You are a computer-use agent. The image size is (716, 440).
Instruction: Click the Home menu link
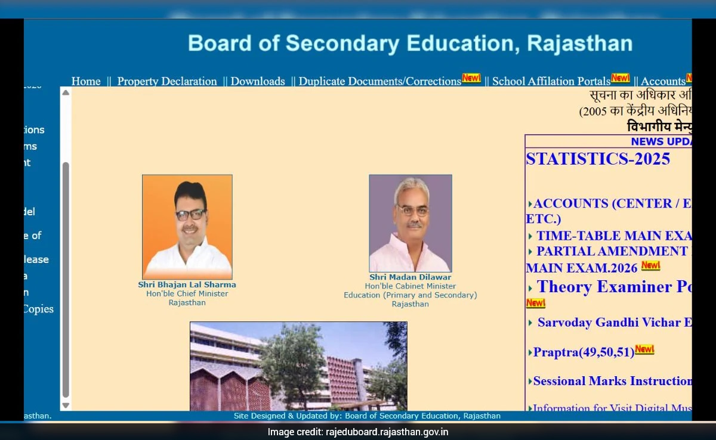(x=86, y=82)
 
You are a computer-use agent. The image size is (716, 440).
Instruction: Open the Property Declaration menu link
(x=167, y=82)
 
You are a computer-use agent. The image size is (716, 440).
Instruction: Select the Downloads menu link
(x=258, y=82)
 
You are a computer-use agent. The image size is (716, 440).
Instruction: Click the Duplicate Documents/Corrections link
(x=379, y=82)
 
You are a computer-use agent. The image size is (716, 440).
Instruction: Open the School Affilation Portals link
(x=551, y=82)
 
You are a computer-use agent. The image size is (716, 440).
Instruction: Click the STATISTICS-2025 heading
(x=598, y=159)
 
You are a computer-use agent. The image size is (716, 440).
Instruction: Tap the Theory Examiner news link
(x=613, y=287)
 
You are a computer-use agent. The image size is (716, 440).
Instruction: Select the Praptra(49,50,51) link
(x=584, y=352)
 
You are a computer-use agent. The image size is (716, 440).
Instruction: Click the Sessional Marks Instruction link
(x=612, y=381)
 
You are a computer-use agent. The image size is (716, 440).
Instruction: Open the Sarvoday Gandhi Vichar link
(x=614, y=323)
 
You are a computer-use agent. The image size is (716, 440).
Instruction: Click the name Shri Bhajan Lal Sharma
(x=187, y=285)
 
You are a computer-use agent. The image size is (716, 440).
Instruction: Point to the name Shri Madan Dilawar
(x=410, y=277)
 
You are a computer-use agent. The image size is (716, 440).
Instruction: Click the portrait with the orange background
(x=187, y=227)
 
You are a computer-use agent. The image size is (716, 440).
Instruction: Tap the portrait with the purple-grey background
(x=410, y=223)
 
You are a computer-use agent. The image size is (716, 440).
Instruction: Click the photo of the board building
(x=298, y=366)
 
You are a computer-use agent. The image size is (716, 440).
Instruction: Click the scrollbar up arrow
(x=66, y=93)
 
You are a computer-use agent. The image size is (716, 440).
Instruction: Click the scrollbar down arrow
(x=66, y=405)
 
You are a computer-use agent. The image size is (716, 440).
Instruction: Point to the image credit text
(x=358, y=432)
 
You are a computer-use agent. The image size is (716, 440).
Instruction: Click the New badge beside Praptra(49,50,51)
(x=644, y=349)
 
